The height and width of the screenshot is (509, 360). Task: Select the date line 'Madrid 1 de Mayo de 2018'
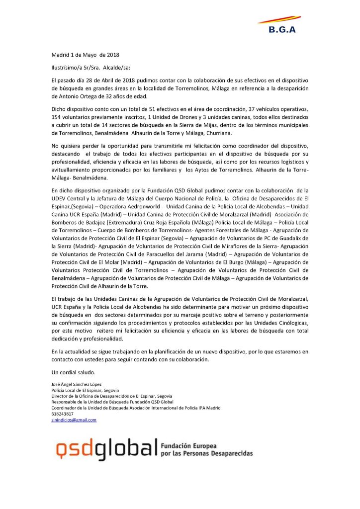(86, 54)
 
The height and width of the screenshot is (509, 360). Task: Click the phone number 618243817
(63, 414)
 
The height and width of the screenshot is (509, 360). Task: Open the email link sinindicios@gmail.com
(74, 420)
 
